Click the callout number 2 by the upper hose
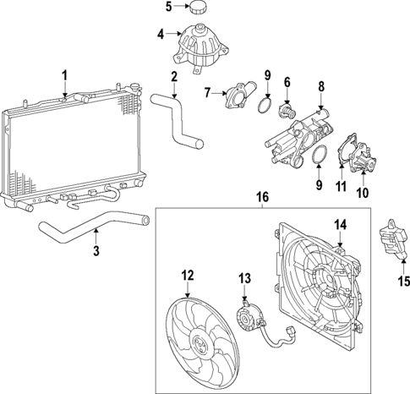tap(173, 78)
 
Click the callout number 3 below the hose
tap(96, 251)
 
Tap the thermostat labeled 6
tap(289, 110)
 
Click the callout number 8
tap(320, 86)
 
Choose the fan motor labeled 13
tap(249, 318)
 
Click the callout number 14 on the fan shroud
tap(341, 225)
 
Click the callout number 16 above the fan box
tap(261, 198)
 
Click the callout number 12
tap(187, 274)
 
